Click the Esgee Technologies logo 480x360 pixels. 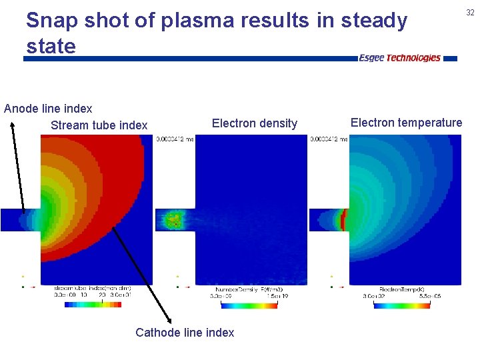pyautogui.click(x=399, y=58)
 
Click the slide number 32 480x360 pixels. pyautogui.click(x=470, y=12)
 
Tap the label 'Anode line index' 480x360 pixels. pyautogui.click(x=48, y=108)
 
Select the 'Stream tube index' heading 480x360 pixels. pyautogui.click(x=99, y=125)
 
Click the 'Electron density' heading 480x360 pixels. pyautogui.click(x=254, y=123)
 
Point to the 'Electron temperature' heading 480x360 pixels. pyautogui.click(x=406, y=122)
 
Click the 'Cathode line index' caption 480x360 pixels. pyautogui.click(x=185, y=332)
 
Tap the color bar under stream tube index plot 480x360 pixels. pyautogui.click(x=93, y=305)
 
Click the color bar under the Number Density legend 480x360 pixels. pyautogui.click(x=247, y=305)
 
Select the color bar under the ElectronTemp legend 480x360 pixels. pyautogui.click(x=401, y=305)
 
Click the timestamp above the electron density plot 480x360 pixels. pyautogui.click(x=175, y=139)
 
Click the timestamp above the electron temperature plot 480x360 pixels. pyautogui.click(x=329, y=139)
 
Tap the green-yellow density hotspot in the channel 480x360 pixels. pyautogui.click(x=174, y=219)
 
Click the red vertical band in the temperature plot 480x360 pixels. pyautogui.click(x=345, y=219)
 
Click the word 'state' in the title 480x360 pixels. pyautogui.click(x=51, y=46)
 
